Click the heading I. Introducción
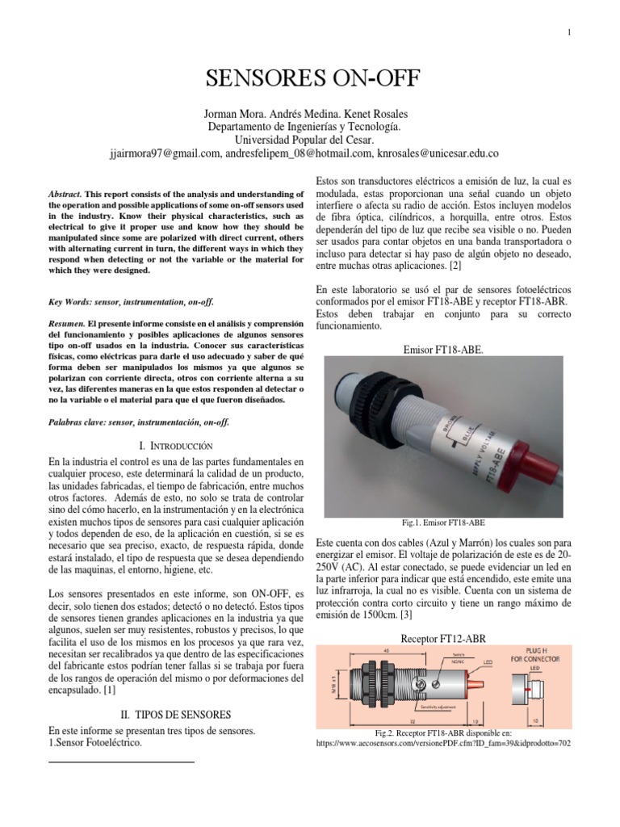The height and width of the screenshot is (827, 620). (x=175, y=445)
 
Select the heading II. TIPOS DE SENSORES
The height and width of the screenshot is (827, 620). (x=175, y=715)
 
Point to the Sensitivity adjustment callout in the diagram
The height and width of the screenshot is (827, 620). (x=421, y=705)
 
